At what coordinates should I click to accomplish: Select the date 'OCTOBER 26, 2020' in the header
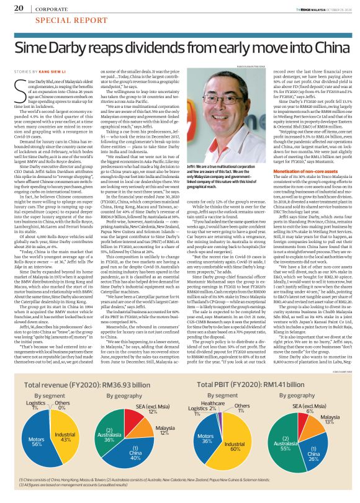[x=333, y=8]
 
